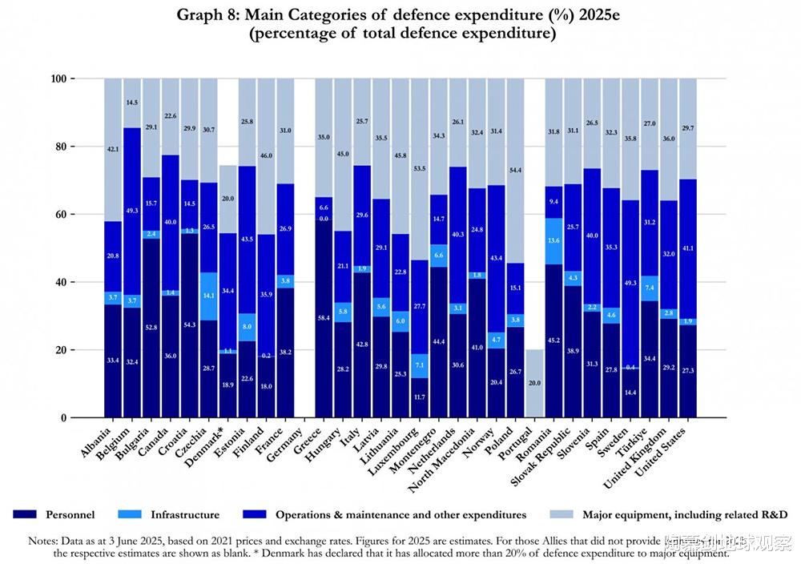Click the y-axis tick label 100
60,79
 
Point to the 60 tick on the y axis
62,215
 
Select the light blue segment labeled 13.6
554,240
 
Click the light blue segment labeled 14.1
209,296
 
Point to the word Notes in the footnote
44,541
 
